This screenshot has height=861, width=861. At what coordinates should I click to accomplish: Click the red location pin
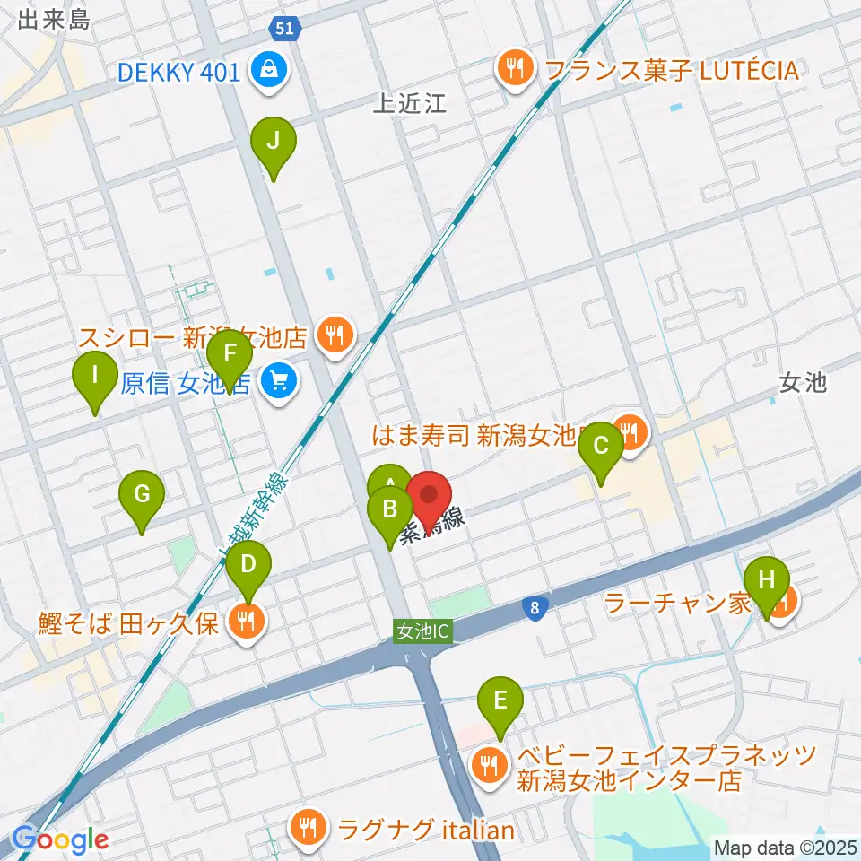430,498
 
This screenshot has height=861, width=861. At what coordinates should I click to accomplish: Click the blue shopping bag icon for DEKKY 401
267,69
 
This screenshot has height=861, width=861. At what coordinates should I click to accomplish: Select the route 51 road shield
284,30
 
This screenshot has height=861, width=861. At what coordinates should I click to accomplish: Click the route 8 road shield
535,609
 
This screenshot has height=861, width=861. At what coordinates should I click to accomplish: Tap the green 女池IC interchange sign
421,631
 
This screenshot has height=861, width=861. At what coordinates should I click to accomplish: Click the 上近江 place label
410,105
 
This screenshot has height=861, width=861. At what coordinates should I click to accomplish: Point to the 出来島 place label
54,19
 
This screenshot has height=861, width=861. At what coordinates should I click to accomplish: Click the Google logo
61,839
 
